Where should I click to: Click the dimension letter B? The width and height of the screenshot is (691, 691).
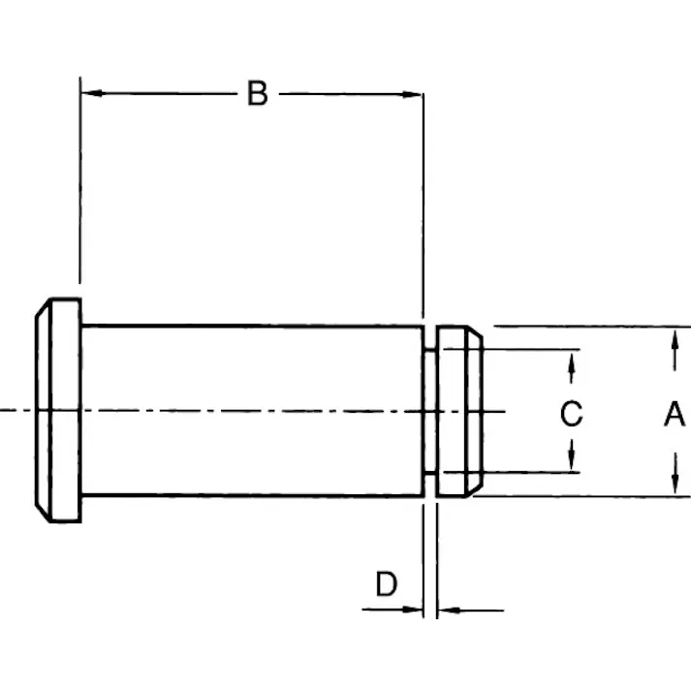coord(257,94)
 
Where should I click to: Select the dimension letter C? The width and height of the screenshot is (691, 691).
coord(572,414)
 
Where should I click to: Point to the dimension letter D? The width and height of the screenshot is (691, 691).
coord(387,584)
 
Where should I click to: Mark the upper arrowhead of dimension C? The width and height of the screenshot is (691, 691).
coord(572,361)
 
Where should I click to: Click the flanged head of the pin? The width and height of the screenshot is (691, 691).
coord(59,411)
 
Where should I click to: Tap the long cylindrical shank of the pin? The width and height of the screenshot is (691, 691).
coord(252,411)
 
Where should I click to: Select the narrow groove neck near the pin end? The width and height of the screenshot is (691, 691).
coord(429,411)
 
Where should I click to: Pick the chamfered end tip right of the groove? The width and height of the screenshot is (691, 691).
coord(459,411)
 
